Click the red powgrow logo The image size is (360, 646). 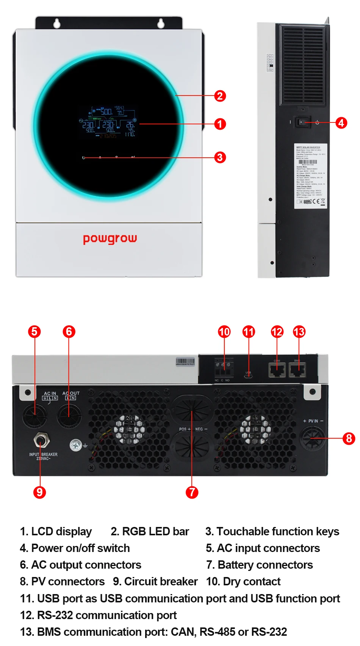pos(110,239)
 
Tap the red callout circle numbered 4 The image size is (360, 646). pos(341,123)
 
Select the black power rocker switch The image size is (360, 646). pos(302,122)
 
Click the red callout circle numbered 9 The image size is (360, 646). pos(39,492)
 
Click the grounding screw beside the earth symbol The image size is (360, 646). pos(76,445)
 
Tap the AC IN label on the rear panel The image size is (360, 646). pos(50,394)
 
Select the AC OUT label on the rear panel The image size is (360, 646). pos(71,394)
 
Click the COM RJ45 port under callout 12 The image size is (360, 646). pos(277,369)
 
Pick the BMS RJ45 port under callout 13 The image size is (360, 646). pos(297,369)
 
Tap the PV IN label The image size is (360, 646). pos(313,421)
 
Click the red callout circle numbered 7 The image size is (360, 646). pos(192,492)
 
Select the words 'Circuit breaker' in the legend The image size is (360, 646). pos(161,582)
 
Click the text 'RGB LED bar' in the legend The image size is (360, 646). pos(155,532)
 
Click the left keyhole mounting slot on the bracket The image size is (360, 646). pos(57,24)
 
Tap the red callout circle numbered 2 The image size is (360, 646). pos(220,96)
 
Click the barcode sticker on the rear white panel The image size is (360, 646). pos(185,362)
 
